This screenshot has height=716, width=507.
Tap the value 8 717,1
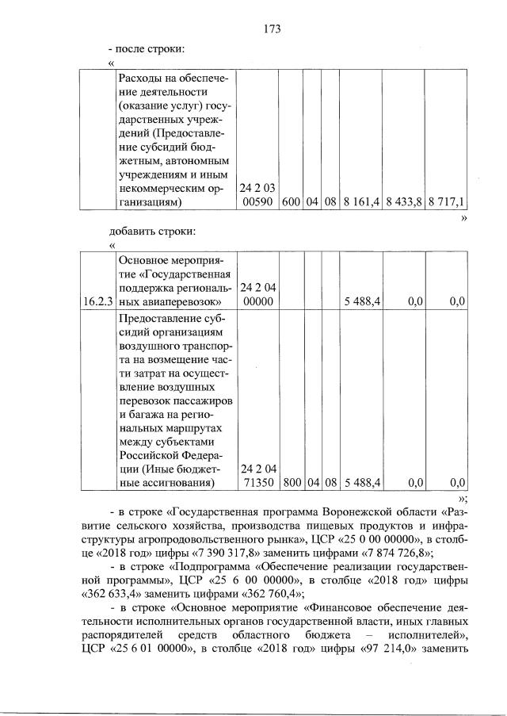coord(445,202)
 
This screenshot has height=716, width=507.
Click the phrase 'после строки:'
coord(151,49)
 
